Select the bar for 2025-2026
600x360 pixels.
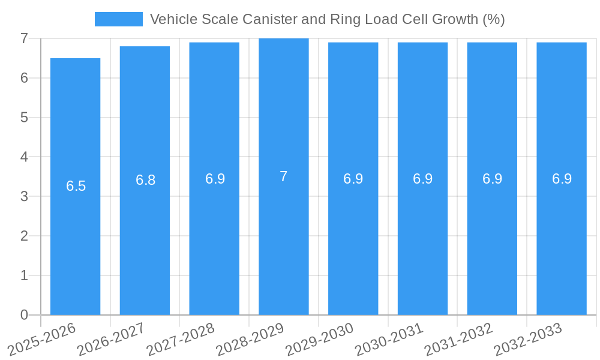pyautogui.click(x=75, y=240)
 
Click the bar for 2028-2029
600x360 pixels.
pyautogui.click(x=284, y=240)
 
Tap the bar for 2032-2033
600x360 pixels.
pyautogui.click(x=562, y=240)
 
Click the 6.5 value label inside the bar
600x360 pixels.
pyautogui.click(x=76, y=186)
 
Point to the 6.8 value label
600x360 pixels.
pyautogui.click(x=145, y=180)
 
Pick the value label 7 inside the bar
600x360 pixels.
pyautogui.click(x=284, y=176)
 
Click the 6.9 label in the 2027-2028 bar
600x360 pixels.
pyautogui.click(x=215, y=179)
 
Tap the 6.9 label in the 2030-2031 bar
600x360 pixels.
pyautogui.click(x=422, y=179)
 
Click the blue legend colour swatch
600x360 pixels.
pyautogui.click(x=119, y=19)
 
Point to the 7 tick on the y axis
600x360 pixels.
pyautogui.click(x=24, y=38)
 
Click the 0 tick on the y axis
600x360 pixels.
pyautogui.click(x=24, y=315)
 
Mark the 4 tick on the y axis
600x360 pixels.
pyautogui.click(x=24, y=157)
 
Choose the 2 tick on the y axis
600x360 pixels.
pyautogui.click(x=24, y=236)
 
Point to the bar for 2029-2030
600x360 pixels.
pyautogui.click(x=353, y=240)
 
